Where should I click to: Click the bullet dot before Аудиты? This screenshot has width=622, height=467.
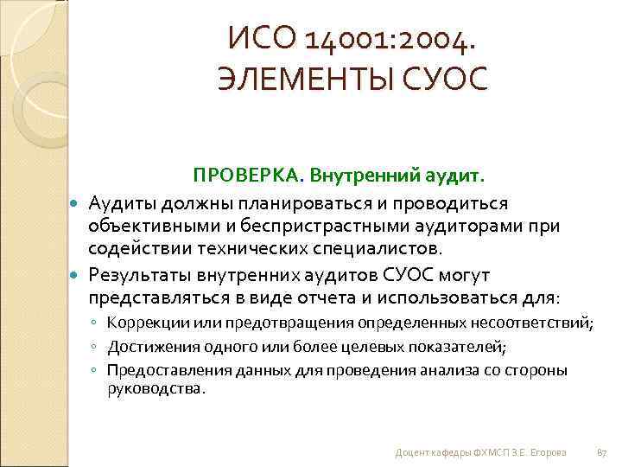73,202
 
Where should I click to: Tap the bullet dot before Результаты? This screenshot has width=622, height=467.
73,275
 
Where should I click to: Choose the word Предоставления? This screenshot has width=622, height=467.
161,370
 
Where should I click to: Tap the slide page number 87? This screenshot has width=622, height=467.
602,452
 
